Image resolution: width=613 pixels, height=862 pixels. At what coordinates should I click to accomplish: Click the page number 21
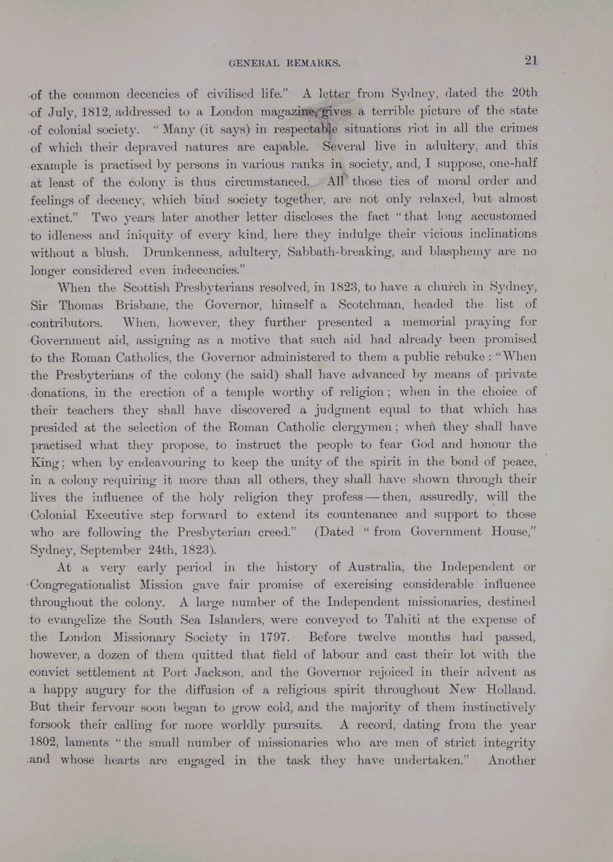coord(530,61)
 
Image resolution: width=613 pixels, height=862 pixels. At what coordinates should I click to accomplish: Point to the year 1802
coord(44,743)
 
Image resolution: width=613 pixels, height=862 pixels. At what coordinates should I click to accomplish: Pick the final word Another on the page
coord(511,760)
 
